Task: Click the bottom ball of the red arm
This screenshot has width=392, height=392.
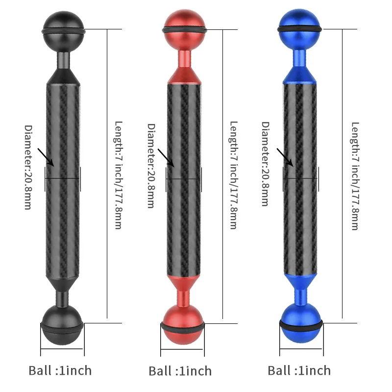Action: point(182,327)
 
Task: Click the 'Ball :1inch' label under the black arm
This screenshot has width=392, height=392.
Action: point(60,370)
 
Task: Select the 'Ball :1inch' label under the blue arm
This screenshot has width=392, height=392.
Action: point(299,370)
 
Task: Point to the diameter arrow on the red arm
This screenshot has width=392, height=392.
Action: point(167,157)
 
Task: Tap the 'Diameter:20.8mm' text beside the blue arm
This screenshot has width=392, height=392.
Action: point(265,164)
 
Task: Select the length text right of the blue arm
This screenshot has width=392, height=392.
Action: point(355,176)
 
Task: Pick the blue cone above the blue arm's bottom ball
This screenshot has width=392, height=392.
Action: point(301,281)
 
